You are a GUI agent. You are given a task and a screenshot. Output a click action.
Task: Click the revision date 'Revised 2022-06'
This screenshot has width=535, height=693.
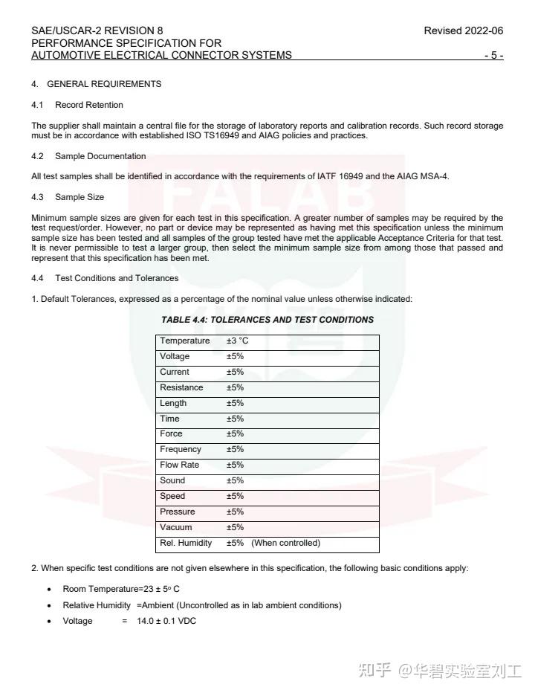point(463,31)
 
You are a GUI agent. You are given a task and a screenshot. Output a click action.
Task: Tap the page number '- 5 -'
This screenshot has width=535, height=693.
point(493,56)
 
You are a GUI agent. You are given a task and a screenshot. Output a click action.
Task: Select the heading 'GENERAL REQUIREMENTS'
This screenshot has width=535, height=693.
point(104,84)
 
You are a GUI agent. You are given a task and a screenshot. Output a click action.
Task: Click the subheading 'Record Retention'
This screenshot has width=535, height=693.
point(89,105)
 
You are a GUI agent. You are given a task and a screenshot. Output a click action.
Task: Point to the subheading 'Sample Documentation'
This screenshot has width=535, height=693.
point(100,156)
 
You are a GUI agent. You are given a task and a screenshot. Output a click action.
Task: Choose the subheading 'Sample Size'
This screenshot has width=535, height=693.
point(80,197)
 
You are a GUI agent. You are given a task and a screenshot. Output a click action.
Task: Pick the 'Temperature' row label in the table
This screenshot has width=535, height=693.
point(185,341)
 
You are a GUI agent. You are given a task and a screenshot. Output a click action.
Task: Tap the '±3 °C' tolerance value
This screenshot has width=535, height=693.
point(238,341)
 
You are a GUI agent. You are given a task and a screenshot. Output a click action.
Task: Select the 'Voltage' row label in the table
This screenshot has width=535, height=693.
point(175,356)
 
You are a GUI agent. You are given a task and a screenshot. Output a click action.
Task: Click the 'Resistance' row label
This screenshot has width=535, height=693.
point(181,387)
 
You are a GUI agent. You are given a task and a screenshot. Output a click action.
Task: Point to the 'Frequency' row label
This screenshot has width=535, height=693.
point(181,449)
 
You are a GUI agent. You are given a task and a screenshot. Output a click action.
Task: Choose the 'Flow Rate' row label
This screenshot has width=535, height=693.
point(180,465)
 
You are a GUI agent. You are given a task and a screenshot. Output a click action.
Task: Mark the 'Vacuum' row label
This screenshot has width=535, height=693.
point(176,527)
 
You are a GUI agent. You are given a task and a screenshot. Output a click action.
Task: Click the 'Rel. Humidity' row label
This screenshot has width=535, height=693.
point(186,543)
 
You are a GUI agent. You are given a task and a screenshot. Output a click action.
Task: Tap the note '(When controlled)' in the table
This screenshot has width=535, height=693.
point(285,543)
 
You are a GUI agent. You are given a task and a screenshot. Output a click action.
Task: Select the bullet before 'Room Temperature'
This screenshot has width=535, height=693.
point(49,590)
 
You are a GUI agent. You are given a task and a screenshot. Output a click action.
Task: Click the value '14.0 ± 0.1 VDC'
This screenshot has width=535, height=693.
point(166,621)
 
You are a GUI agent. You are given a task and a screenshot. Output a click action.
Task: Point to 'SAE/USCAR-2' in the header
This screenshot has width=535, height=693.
point(65,31)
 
